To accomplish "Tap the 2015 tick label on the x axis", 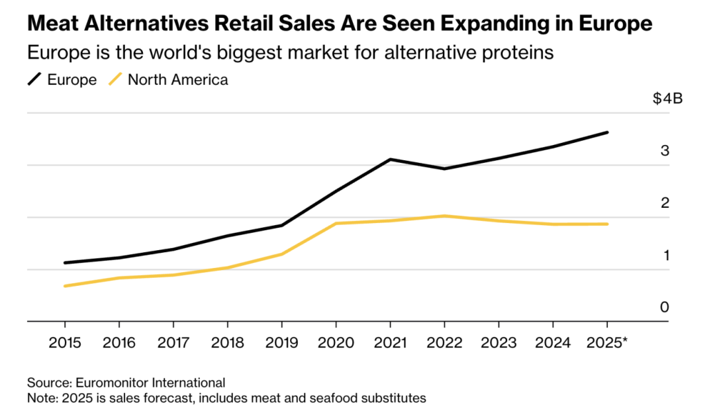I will pos(65,344).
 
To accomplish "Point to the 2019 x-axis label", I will pos(282,344).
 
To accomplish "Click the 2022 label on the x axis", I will pos(445,344).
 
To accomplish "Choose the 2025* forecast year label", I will pos(607,344).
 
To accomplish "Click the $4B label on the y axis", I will pos(667,99).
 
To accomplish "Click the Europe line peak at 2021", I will pos(391,160).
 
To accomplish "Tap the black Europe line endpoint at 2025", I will pos(607,132).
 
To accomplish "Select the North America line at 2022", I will pos(445,216).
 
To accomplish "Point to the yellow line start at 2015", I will pos(65,286).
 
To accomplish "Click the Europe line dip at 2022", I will pos(445,169).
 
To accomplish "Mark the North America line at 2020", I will pos(336,223).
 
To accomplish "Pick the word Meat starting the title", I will pos(50,24).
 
